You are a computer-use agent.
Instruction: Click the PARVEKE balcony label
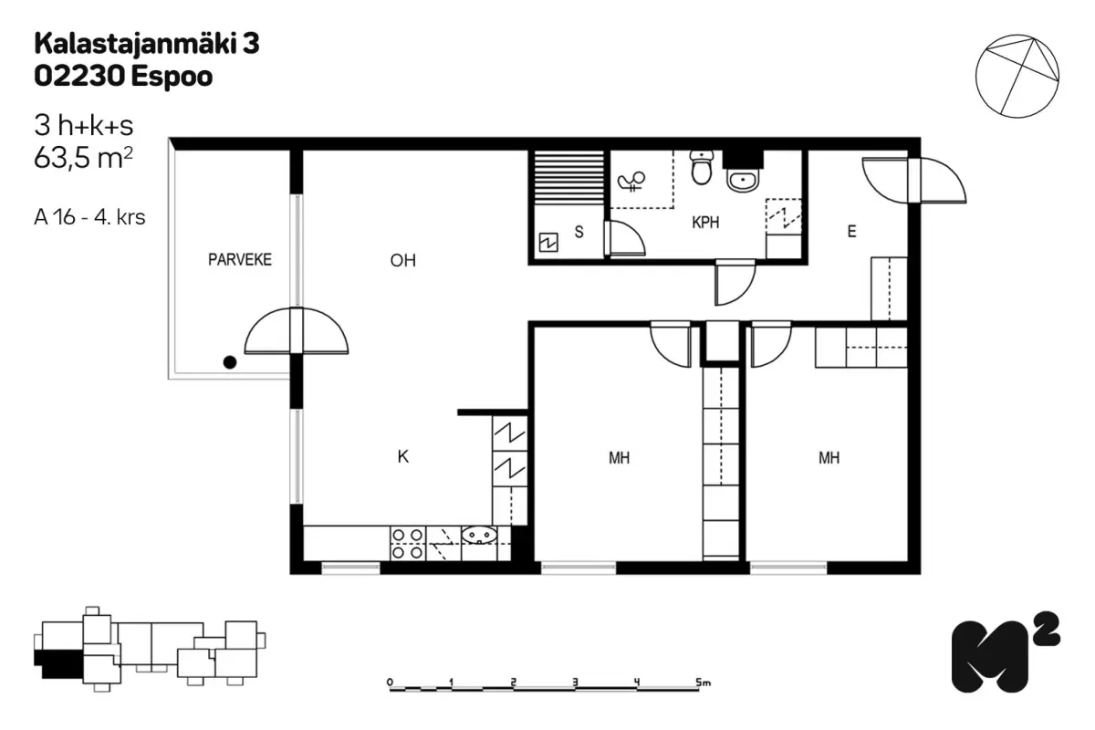coord(239,260)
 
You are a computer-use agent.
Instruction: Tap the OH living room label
coord(402,261)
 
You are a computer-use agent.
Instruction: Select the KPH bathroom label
coord(705,223)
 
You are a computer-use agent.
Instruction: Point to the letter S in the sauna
coord(579,232)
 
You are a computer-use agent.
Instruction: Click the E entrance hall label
coord(851,231)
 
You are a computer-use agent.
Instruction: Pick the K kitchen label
coord(402,456)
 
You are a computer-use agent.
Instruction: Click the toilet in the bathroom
coord(702,168)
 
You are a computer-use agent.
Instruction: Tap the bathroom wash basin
coord(743,181)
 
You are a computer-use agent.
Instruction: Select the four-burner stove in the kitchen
coord(408,544)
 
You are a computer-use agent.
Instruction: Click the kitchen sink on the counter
coord(480,535)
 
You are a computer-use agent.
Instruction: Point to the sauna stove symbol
coord(548,243)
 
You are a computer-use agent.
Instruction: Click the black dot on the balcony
coord(230,362)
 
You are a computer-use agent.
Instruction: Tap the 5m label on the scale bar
coord(703,682)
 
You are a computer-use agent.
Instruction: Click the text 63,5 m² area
coord(83,158)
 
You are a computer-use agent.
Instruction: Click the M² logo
coord(1006,652)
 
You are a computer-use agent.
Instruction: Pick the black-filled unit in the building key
coord(58,664)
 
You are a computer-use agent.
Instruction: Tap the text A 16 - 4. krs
coord(90,217)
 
